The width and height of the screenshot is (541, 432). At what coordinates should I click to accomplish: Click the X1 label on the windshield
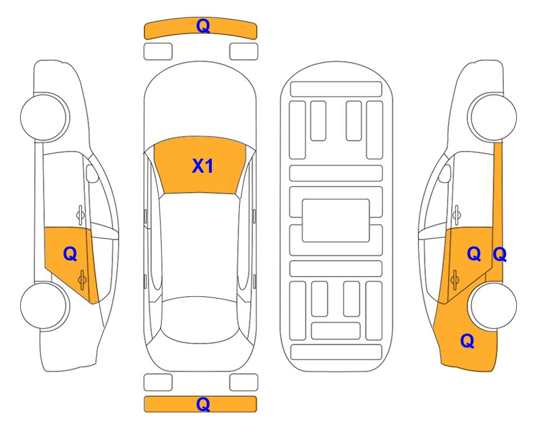click(203, 166)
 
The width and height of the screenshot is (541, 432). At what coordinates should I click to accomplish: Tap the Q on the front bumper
click(203, 26)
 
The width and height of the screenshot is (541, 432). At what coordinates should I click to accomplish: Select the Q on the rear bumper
click(203, 404)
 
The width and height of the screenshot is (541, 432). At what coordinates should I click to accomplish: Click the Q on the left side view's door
click(70, 254)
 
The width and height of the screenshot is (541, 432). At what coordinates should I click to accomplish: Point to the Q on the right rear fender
click(467, 341)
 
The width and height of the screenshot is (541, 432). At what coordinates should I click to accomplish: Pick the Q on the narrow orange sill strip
click(499, 255)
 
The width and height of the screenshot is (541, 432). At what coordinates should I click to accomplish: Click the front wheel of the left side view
click(43, 118)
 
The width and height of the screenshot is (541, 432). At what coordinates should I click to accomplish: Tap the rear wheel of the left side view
click(43, 305)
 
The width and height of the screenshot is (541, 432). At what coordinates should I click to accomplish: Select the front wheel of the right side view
click(493, 118)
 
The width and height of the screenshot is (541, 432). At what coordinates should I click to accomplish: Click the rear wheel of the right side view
click(493, 305)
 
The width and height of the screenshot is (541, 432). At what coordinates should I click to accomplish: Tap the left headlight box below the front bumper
click(158, 52)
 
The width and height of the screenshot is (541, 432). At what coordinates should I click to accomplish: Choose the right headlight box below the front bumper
click(244, 52)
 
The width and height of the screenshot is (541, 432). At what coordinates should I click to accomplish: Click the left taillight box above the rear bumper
click(158, 382)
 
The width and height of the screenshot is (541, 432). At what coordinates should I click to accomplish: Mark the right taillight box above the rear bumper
click(244, 382)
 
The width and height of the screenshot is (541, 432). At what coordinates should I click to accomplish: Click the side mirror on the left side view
click(92, 173)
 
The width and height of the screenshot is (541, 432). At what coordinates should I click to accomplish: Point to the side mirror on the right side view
click(445, 173)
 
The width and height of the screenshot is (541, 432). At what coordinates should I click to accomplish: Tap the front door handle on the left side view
click(80, 215)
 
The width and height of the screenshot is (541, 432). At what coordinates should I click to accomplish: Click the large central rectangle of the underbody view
click(336, 220)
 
